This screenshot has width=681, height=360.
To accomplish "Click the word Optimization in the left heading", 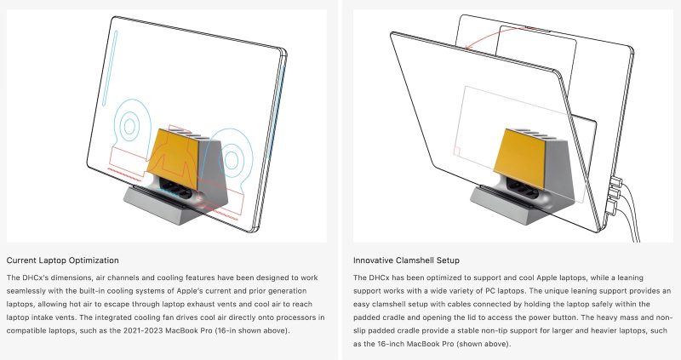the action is pyautogui.click(x=94, y=260).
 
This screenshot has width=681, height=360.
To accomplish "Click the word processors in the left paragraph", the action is pyautogui.click(x=299, y=317).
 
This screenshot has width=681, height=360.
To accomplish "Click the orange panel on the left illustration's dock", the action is pyautogui.click(x=174, y=158).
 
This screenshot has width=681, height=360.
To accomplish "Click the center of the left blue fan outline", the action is pyautogui.click(x=129, y=126).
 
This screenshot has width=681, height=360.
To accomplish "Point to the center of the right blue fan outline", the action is pyautogui.click(x=231, y=160).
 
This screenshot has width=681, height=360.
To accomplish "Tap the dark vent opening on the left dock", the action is pyautogui.click(x=176, y=188).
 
